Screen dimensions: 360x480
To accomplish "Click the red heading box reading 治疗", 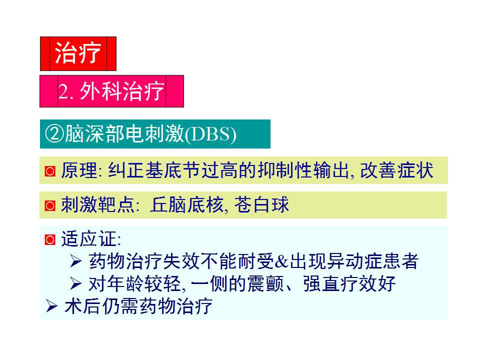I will [78, 53].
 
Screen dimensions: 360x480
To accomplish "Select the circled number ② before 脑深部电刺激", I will [54, 134].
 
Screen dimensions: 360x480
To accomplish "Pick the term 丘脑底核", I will [186, 205].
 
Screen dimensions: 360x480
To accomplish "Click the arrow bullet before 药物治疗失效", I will [75, 261].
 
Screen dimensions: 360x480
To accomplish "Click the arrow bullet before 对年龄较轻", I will [75, 284].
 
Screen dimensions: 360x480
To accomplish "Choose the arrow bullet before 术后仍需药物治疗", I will [51, 306].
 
